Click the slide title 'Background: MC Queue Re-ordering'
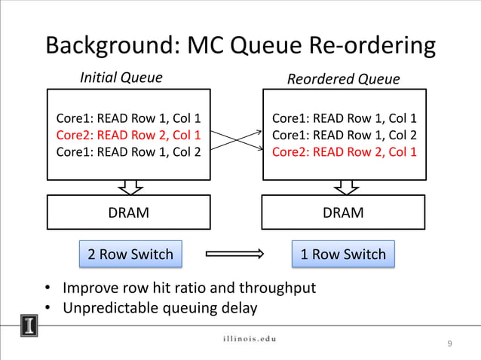pyautogui.click(x=240, y=45)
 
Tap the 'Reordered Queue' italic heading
pyautogui.click(x=343, y=79)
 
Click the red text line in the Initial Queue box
pyautogui.click(x=129, y=135)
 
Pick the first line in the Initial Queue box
pyautogui.click(x=129, y=118)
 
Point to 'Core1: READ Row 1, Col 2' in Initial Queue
pyautogui.click(x=129, y=151)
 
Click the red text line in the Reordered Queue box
pyautogui.click(x=344, y=151)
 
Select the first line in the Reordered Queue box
pyautogui.click(x=344, y=118)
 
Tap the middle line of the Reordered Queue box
pyautogui.click(x=344, y=135)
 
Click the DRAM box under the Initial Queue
pyautogui.click(x=129, y=212)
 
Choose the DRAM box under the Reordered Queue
pyautogui.click(x=343, y=212)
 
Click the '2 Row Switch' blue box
pyautogui.click(x=130, y=255)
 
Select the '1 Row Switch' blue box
pyautogui.click(x=343, y=255)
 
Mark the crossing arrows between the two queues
pyautogui.click(x=236, y=139)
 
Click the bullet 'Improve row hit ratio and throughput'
pyautogui.click(x=188, y=288)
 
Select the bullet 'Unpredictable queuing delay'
pyautogui.click(x=159, y=308)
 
